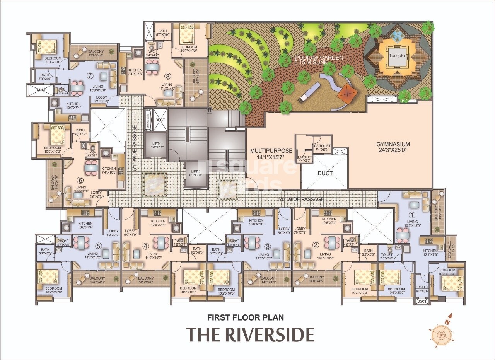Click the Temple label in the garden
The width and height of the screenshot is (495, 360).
click(397, 56)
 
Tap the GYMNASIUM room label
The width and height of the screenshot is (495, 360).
click(393, 145)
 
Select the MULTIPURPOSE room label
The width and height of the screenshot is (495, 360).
click(271, 151)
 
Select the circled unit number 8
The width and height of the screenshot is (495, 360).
click(167, 76)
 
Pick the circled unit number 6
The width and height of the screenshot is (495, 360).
click(80, 180)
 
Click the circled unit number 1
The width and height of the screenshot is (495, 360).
click(412, 215)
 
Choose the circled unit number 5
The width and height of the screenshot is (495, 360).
click(99, 246)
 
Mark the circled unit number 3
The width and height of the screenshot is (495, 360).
click(267, 246)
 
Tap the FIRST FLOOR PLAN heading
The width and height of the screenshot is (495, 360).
click(246, 317)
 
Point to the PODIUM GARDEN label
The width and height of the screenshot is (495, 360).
click(318, 58)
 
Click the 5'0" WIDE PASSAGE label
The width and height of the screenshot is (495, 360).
click(301, 200)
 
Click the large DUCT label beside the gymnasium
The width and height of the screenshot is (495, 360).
click(325, 173)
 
